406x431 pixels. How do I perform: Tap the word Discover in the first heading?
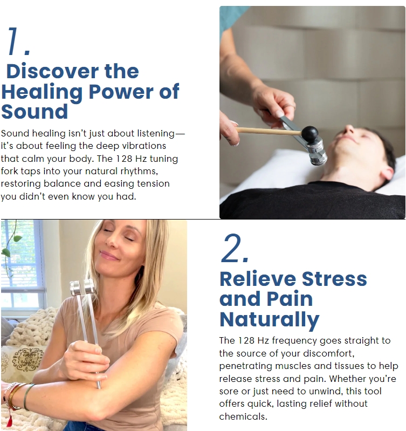point(52,71)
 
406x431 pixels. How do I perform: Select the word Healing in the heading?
point(42,92)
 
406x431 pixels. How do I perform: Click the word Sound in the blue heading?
point(35,112)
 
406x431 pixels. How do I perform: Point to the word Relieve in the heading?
point(258,279)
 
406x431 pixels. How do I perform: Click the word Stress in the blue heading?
point(334,279)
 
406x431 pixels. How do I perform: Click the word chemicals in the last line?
point(243,416)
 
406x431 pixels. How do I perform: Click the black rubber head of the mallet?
point(309,133)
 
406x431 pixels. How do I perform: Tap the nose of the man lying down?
point(349,128)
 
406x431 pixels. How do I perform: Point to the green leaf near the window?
point(18,238)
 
